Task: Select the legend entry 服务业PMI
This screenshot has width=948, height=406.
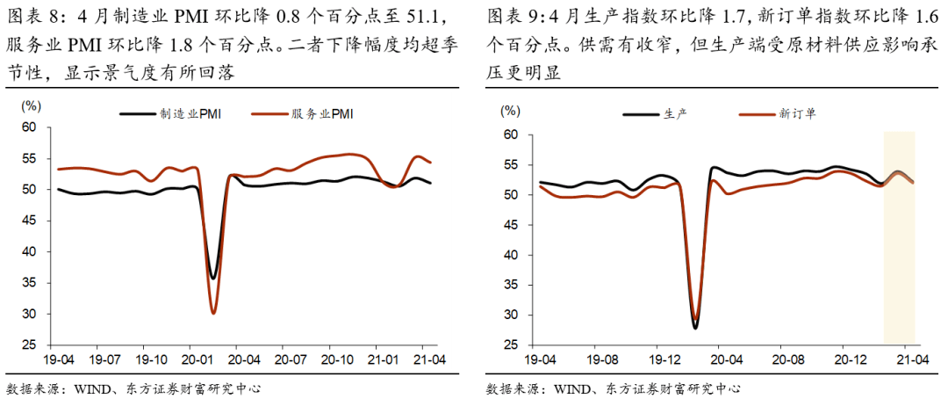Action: click(x=321, y=114)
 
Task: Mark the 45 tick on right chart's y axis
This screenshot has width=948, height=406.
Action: click(x=510, y=225)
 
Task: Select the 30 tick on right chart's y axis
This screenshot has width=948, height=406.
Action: click(x=510, y=315)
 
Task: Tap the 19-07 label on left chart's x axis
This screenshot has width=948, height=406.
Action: click(x=106, y=359)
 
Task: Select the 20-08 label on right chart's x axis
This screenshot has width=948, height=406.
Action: click(x=786, y=359)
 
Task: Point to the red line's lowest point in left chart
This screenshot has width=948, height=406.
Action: click(x=213, y=313)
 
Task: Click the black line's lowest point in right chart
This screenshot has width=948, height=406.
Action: click(x=695, y=328)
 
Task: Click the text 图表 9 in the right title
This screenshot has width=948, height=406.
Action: click(x=506, y=17)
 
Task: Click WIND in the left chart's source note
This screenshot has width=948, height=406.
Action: click(x=98, y=388)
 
